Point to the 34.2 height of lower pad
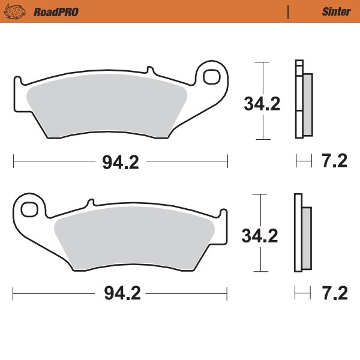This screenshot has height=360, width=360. pos(260,236)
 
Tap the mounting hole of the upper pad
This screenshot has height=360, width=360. pos(211,77)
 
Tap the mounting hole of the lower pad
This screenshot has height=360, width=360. pos(28,209)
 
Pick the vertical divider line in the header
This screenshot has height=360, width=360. pos(289,11)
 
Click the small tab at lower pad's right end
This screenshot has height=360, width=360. pos(223,213)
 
